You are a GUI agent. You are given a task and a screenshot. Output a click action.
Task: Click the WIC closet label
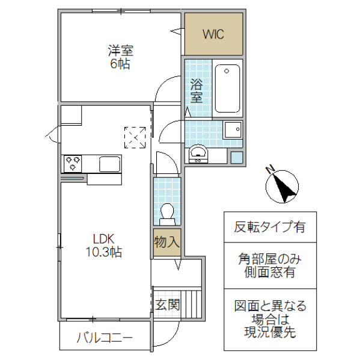point(213,34)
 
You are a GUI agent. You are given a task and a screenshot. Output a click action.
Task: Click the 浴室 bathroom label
point(196,90)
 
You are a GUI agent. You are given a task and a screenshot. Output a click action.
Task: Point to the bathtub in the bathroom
point(227,88)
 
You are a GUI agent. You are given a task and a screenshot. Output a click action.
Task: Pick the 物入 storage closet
point(166,242)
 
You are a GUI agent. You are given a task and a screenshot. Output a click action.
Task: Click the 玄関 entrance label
point(166,304)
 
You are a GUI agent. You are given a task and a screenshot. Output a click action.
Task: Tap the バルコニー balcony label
point(104,338)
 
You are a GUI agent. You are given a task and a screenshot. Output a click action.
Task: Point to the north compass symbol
point(282,185)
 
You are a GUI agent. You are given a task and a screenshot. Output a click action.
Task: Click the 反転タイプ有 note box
point(269,227)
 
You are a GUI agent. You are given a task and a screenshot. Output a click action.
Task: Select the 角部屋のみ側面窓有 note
point(269,265)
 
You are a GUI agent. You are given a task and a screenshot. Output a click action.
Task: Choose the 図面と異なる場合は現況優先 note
point(269,319)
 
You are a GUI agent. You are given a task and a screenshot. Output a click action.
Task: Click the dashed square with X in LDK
point(135,137)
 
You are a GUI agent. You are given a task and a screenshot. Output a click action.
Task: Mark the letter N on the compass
point(271,168)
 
